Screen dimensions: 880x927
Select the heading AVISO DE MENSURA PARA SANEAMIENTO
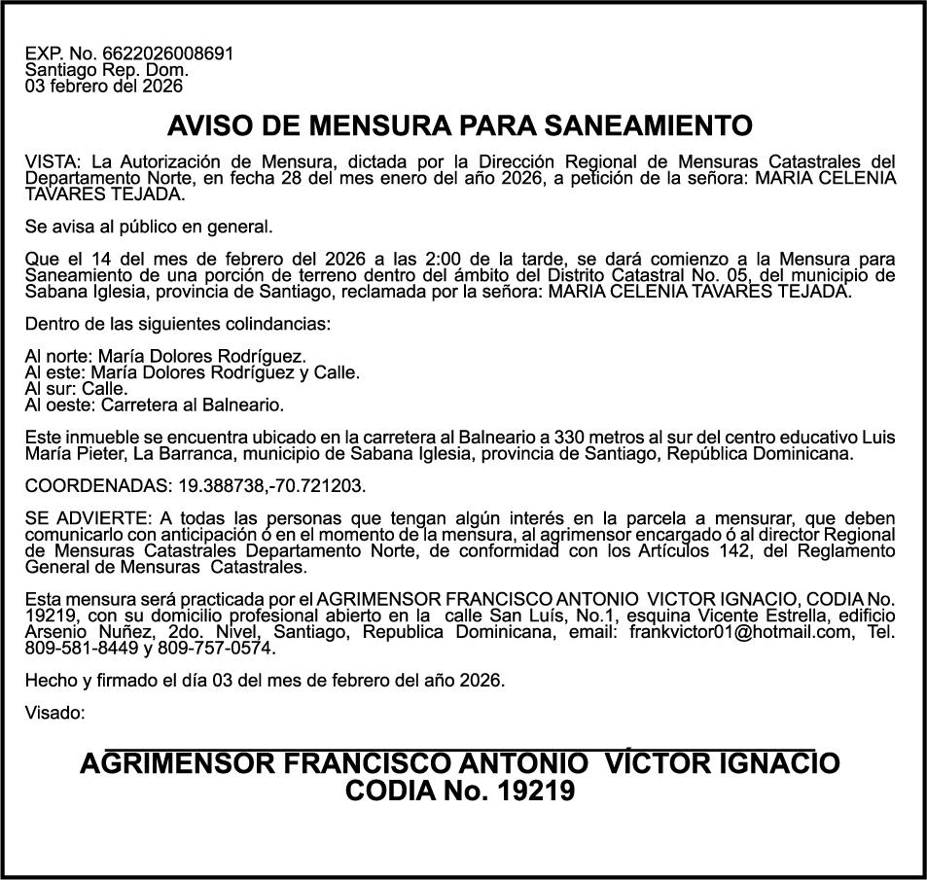(460, 126)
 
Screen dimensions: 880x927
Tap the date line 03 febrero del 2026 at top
(104, 86)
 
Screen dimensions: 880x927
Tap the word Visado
(54, 713)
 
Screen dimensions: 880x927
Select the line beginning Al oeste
(155, 404)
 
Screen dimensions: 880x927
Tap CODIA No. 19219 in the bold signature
(460, 792)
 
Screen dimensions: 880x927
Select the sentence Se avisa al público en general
(149, 228)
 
